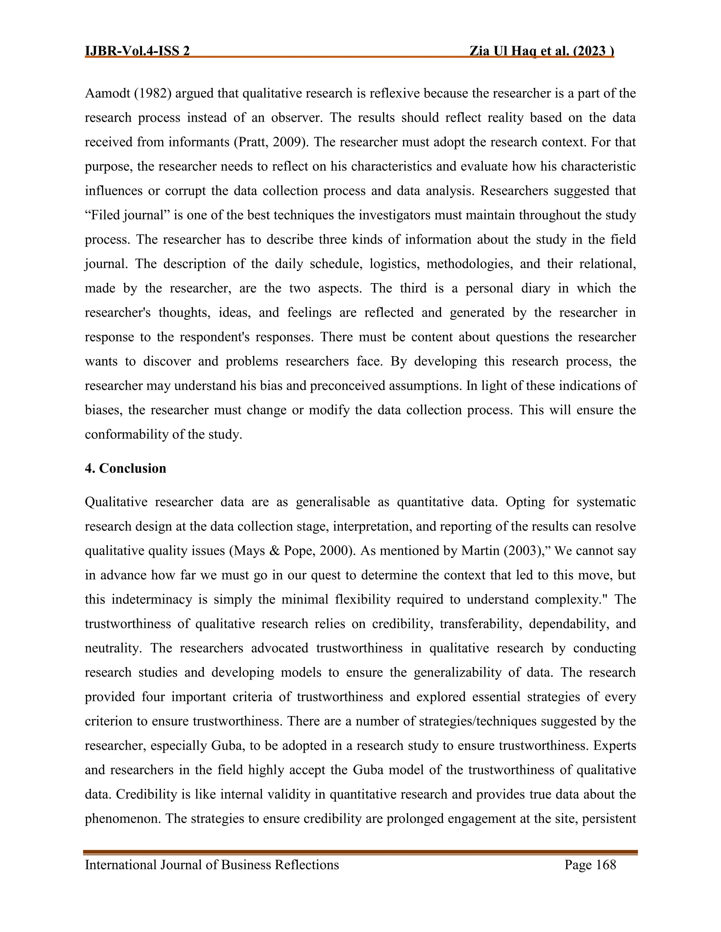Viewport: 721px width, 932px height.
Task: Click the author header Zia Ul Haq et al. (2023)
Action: pyautogui.click(x=541, y=51)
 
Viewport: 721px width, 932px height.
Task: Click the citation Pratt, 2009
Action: pyautogui.click(x=271, y=142)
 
